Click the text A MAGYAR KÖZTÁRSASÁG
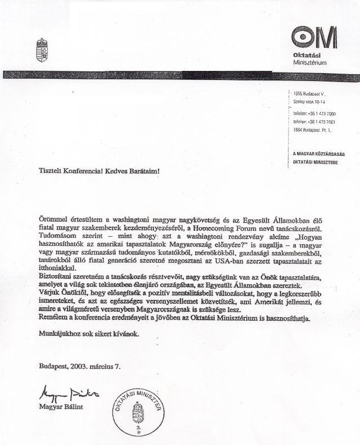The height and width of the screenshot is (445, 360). pos(319,153)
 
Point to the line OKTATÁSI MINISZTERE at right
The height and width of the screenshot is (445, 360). pos(318,163)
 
